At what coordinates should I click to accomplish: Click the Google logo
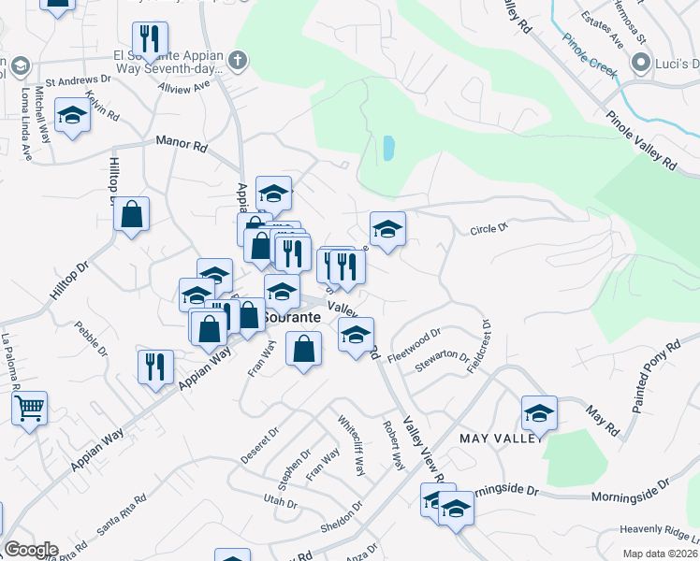pos(30,550)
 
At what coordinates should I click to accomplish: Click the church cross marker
pos(238,62)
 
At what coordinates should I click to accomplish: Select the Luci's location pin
pos(641,64)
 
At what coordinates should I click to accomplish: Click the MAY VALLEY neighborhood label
pos(496,438)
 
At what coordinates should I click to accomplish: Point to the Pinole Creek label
pos(591,57)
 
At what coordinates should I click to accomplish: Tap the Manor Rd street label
pos(182,144)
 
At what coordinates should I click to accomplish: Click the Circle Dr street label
pos(488,228)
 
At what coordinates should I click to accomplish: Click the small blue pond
pos(388,148)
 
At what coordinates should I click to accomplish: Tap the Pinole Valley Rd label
pos(641,141)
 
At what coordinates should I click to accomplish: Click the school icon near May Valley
pos(539,411)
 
